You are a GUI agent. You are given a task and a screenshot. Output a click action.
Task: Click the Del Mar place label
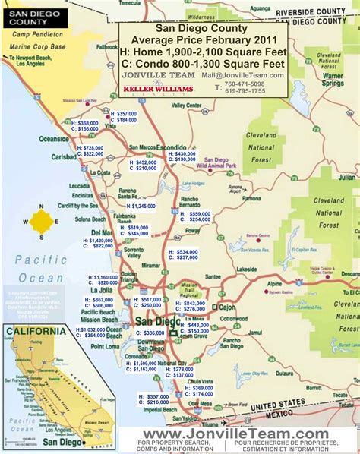click(x=102, y=232)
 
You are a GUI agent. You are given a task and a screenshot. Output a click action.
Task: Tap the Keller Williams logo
click(x=158, y=89)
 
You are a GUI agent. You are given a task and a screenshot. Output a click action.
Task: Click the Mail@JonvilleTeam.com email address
click(x=243, y=75)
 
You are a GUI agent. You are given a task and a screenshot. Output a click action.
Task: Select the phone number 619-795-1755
click(x=244, y=90)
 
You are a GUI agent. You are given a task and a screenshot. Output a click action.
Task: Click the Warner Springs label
click(x=333, y=79)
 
